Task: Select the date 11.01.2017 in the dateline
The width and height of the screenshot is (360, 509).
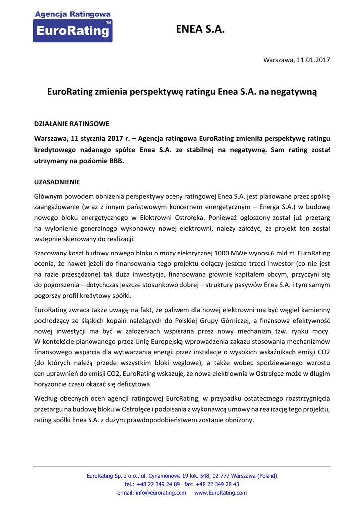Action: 313,60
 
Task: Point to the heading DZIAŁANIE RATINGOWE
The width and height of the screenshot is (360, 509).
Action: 72,123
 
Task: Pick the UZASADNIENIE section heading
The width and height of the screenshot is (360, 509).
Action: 57,182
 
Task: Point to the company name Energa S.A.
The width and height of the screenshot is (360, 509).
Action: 294,206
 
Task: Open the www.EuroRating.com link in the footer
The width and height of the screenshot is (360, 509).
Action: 220,493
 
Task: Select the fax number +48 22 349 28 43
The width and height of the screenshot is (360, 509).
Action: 219,484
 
